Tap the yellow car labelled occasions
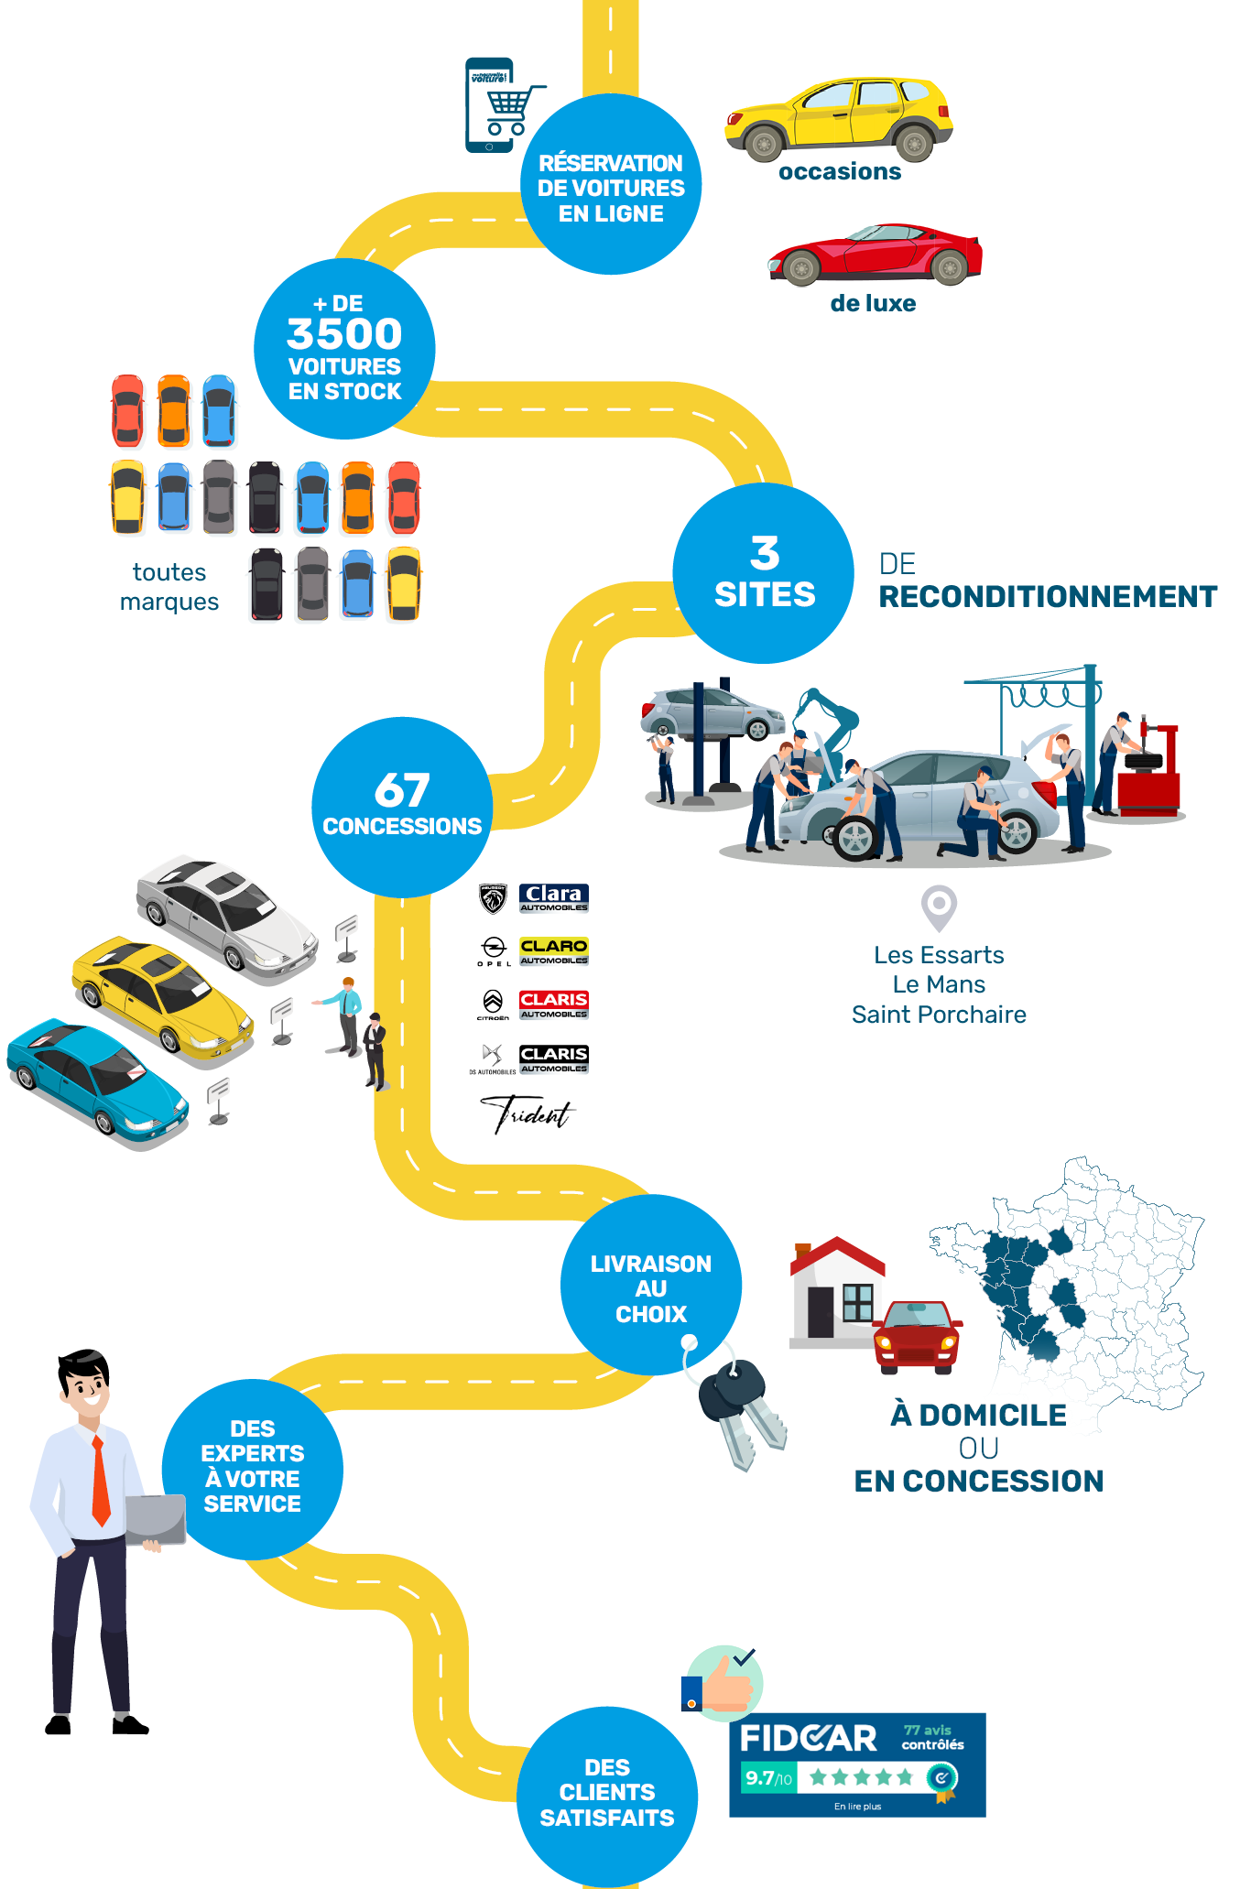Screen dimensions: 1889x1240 tap(839, 118)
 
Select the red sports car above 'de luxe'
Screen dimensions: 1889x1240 tap(876, 254)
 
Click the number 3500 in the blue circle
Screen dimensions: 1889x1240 tap(344, 334)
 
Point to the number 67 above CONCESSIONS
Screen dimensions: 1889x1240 tap(402, 789)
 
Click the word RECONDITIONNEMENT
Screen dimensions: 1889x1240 tap(1048, 597)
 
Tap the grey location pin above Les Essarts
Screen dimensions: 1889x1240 tap(939, 907)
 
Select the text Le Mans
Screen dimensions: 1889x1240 tap(939, 985)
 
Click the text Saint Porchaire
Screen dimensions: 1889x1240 tap(939, 1015)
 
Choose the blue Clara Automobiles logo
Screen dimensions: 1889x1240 tap(554, 898)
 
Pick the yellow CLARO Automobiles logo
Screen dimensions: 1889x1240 tap(554, 951)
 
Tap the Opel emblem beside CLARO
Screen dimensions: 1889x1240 tap(494, 950)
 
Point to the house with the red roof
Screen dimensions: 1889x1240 tap(835, 1291)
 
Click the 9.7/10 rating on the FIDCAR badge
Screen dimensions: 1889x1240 tap(767, 1778)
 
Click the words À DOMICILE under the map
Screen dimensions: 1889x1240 tap(978, 1416)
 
